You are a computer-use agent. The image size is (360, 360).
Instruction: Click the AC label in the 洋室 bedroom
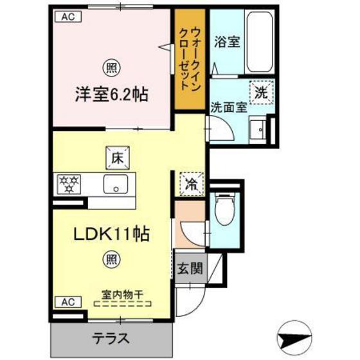click(68, 18)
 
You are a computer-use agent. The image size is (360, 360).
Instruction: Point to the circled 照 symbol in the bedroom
click(111, 66)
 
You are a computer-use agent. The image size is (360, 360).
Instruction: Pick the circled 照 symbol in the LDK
click(111, 260)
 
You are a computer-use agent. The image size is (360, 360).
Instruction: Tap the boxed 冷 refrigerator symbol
click(192, 183)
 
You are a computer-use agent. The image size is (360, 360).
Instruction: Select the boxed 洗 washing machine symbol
click(262, 91)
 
